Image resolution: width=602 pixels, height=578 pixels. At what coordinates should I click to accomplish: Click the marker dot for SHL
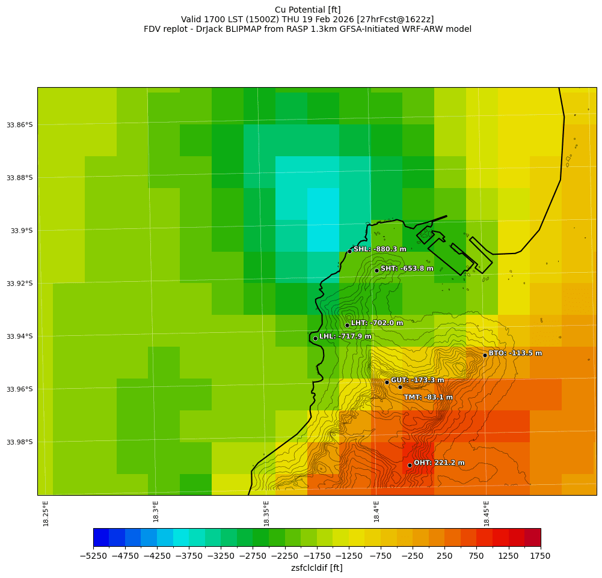(x=349, y=251)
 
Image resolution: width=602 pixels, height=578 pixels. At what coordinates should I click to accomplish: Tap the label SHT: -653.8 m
(x=407, y=269)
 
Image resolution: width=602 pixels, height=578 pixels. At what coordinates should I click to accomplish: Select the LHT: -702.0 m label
(x=377, y=323)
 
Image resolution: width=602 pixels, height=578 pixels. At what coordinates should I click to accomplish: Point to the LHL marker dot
(x=315, y=338)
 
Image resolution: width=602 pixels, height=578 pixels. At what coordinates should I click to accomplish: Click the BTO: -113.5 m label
(x=515, y=353)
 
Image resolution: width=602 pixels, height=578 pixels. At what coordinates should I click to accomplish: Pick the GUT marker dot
(x=387, y=382)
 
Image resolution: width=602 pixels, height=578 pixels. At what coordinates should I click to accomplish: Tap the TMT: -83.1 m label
(x=428, y=397)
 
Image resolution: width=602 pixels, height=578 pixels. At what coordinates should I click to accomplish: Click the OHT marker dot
(x=410, y=465)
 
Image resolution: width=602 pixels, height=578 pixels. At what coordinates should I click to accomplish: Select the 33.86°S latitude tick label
(x=19, y=125)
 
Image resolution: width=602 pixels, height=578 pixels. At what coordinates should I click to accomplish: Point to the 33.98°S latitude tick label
(x=19, y=442)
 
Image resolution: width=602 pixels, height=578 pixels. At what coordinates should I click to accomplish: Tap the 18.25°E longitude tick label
(x=46, y=513)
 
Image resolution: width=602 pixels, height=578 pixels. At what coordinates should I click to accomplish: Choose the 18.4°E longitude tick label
(x=376, y=513)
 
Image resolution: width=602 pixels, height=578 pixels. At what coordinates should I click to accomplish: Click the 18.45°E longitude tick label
(x=487, y=513)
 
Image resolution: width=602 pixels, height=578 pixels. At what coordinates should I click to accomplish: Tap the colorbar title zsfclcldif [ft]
(x=316, y=568)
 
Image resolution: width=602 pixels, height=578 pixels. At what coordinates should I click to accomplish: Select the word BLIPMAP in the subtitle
(x=240, y=29)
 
